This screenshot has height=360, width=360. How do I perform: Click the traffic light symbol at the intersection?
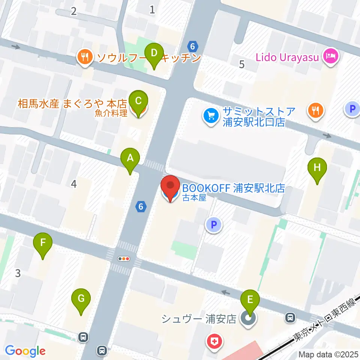[123, 258]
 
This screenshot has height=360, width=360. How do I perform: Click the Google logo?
[25, 351]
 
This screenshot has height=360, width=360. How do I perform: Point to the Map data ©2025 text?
[328, 354]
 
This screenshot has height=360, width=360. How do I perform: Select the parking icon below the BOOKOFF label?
[214, 225]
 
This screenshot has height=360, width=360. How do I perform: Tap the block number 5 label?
[241, 64]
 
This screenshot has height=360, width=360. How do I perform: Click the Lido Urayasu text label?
[288, 57]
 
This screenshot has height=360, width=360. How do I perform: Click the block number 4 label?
[74, 184]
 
